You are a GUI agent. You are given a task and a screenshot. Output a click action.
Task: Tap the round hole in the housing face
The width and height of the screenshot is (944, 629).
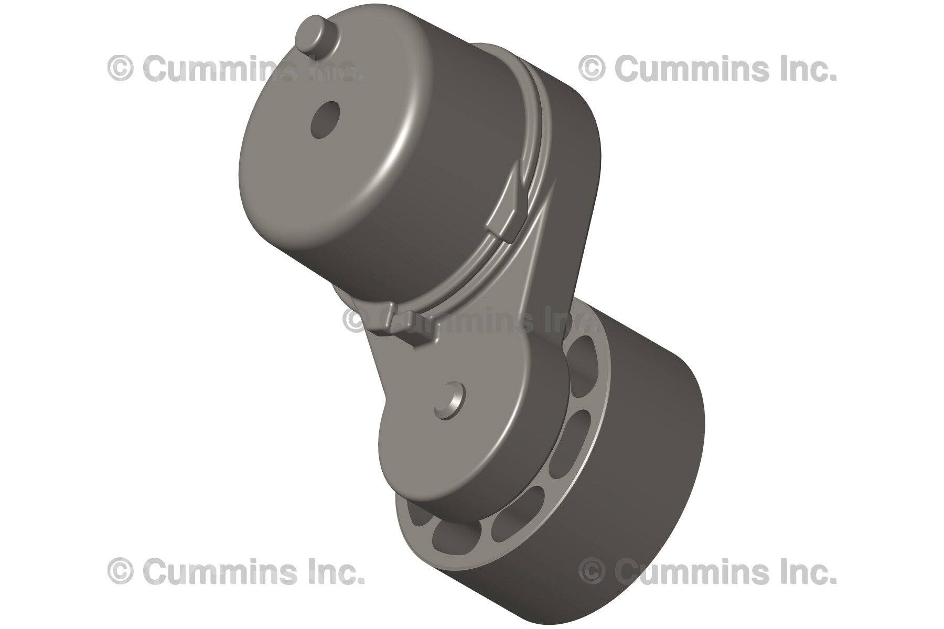[x=325, y=120]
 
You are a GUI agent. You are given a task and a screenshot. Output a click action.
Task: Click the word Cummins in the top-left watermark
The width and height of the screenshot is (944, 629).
[x=210, y=69]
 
